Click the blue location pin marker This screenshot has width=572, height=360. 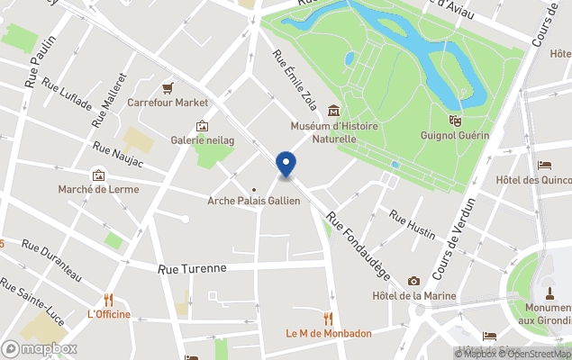pyautogui.click(x=286, y=165)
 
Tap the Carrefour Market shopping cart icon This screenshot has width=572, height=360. pyautogui.click(x=168, y=87)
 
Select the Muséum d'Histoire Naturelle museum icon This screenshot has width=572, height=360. pyautogui.click(x=334, y=112)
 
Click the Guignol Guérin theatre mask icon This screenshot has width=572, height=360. pyautogui.click(x=454, y=119)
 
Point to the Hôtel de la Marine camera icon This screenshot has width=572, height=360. pyautogui.click(x=413, y=281)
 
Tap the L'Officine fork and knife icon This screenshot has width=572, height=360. pyautogui.click(x=108, y=299)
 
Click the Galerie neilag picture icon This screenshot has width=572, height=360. pyautogui.click(x=202, y=126)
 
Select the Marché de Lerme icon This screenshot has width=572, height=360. pyautogui.click(x=97, y=175)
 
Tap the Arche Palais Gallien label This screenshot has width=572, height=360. pyautogui.click(x=254, y=201)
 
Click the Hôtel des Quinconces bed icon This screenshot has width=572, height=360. pyautogui.click(x=545, y=165)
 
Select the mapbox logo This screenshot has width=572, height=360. pyautogui.click(x=40, y=348)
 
